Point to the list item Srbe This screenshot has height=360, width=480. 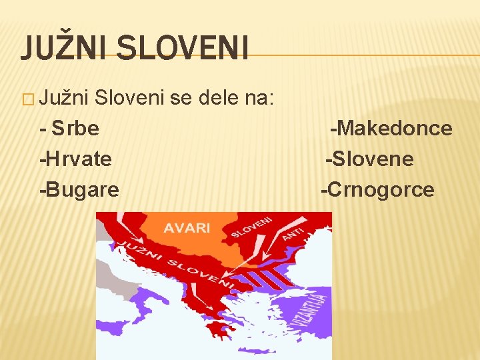pyautogui.click(x=74, y=128)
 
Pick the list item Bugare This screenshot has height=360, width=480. pyautogui.click(x=79, y=189)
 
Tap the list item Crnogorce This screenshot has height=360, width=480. pyautogui.click(x=377, y=189)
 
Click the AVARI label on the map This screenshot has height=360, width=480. pyautogui.click(x=187, y=227)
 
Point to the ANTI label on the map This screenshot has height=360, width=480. pyautogui.click(x=292, y=234)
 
